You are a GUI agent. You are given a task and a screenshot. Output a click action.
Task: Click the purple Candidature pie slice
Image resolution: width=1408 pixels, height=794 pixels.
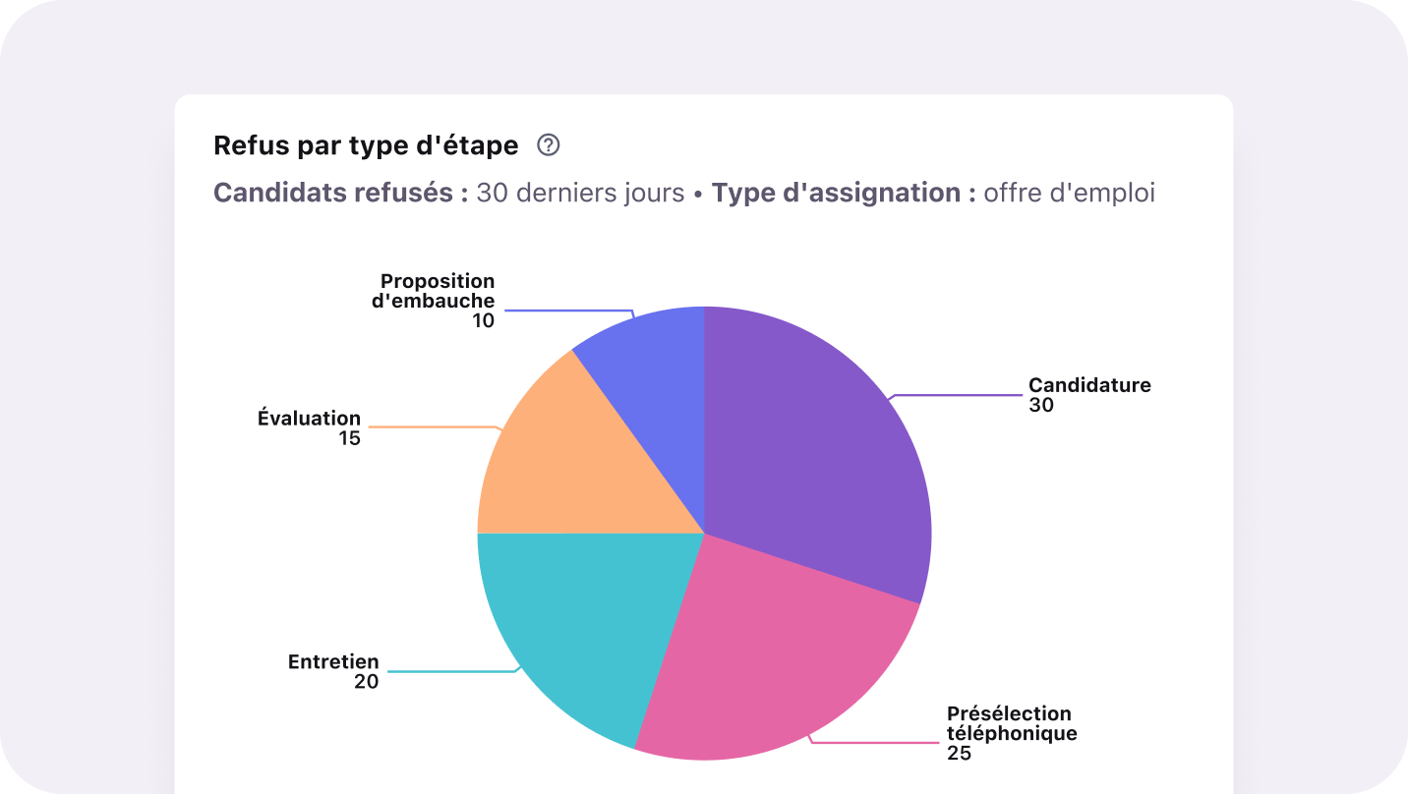[x=816, y=442]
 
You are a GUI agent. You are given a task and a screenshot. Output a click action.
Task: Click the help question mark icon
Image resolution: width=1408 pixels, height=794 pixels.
[x=549, y=145]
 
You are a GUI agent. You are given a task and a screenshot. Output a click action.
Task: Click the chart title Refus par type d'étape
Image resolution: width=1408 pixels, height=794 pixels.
[x=366, y=146]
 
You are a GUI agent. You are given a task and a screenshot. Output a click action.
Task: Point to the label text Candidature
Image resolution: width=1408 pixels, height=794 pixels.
[x=1089, y=385]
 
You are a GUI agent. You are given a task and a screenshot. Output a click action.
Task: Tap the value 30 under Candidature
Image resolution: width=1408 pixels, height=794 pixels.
[x=1041, y=405]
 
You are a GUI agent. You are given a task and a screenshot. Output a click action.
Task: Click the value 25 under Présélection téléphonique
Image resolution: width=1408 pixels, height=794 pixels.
[x=959, y=754]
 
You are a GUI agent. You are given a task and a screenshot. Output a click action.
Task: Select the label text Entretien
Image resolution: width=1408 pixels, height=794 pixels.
[x=333, y=662]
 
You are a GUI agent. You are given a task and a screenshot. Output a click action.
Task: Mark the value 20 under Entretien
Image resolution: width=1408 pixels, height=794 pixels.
[x=366, y=682]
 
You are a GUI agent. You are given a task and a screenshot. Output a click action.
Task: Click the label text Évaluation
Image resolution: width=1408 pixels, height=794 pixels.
[x=309, y=419]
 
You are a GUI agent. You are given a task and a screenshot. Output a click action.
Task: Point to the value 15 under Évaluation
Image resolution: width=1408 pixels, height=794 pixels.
[x=350, y=438]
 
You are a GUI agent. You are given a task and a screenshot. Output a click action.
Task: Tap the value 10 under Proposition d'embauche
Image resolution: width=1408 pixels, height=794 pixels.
[x=483, y=320]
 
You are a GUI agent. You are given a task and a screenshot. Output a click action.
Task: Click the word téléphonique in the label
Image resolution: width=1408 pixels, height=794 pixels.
[x=1012, y=733]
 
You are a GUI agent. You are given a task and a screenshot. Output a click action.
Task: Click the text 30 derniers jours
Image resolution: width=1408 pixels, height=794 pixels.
[x=580, y=193]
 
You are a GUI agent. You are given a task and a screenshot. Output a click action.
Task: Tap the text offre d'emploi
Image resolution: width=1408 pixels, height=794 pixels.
[x=1069, y=193]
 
